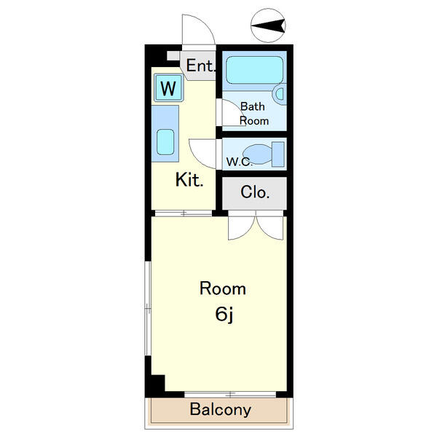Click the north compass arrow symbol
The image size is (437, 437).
[x=268, y=25]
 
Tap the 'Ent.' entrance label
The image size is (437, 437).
[x=201, y=66]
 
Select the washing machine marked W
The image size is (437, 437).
[x=168, y=88]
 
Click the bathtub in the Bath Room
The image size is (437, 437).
[x=254, y=70]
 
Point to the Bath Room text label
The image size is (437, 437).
[x=253, y=114]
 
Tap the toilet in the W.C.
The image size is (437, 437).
[x=264, y=154]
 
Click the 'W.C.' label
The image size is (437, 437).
[x=240, y=162]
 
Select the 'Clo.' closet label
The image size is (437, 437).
[x=255, y=192]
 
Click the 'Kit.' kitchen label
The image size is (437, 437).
[x=189, y=180]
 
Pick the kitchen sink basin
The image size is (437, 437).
[x=165, y=142]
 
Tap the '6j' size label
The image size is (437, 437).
[x=224, y=315]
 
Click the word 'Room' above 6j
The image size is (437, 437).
[x=223, y=288]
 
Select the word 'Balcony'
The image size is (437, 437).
[x=221, y=409]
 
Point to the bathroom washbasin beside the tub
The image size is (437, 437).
[x=280, y=94]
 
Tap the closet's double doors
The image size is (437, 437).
[x=256, y=225]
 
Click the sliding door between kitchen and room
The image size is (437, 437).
[x=184, y=213]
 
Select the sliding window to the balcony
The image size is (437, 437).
[x=230, y=394]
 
